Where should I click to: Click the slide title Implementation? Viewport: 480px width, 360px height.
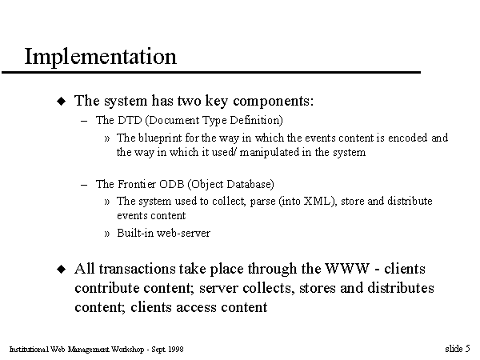[x=101, y=57]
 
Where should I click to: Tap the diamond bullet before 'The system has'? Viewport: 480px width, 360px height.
[x=62, y=101]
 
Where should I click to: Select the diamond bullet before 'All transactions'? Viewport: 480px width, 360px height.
[x=62, y=269]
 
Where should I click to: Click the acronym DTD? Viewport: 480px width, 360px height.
[x=130, y=120]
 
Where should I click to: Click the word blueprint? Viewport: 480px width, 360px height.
[x=160, y=138]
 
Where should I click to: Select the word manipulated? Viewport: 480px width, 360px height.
[x=269, y=152]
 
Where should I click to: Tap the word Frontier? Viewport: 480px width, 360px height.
[x=137, y=184]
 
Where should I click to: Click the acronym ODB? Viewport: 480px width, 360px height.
[x=171, y=184]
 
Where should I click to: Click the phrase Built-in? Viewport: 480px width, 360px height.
[x=135, y=233]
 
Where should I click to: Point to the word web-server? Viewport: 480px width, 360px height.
[x=183, y=234]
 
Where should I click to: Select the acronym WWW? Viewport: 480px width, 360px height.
[x=347, y=269]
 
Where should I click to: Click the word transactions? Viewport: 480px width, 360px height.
[x=137, y=269]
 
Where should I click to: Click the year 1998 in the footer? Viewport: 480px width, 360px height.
[x=176, y=350]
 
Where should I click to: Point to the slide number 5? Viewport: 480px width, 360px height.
[x=467, y=349]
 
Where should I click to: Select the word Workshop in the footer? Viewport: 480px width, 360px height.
[x=127, y=350]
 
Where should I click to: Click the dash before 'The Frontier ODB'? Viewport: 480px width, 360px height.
[x=84, y=185]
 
